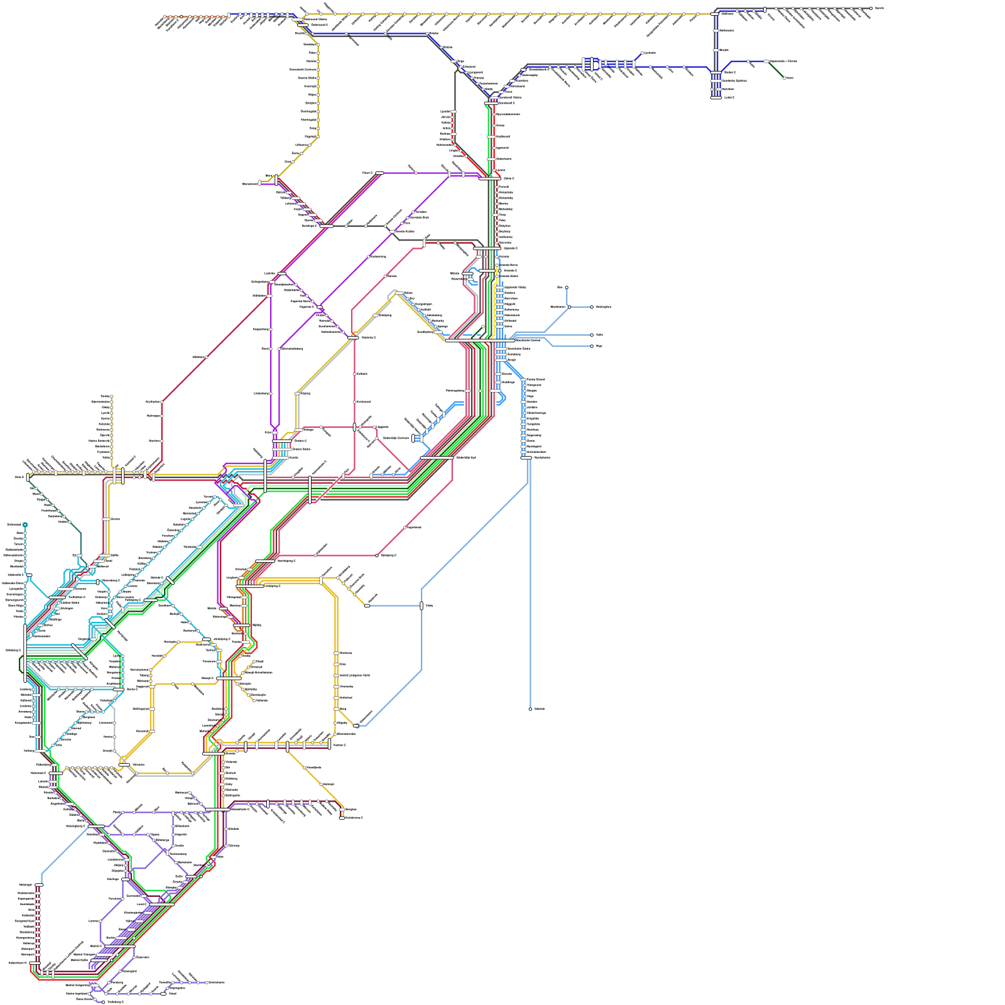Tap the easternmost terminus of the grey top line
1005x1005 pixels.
pyautogui.click(x=871, y=8)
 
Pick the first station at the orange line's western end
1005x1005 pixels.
pyautogui.click(x=165, y=17)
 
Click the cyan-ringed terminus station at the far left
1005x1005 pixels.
pyautogui.click(x=25, y=524)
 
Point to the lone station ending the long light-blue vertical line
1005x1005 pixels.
pyautogui.click(x=530, y=709)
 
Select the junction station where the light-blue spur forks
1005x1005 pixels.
pyautogui.click(x=569, y=307)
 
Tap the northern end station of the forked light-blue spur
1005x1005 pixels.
pyautogui.click(x=567, y=288)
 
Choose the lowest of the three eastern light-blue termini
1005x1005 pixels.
pyautogui.click(x=592, y=346)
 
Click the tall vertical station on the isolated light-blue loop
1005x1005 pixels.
pyautogui.click(x=421, y=606)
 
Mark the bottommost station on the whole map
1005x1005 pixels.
pyautogui.click(x=104, y=1002)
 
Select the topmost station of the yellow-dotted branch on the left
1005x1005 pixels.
pyautogui.click(x=112, y=396)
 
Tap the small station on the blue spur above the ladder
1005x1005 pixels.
pyautogui.click(x=641, y=53)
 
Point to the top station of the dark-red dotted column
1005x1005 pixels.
pyautogui.click(x=39, y=885)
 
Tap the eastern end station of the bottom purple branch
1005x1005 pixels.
pyautogui.click(x=207, y=982)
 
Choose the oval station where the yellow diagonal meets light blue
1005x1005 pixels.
pyautogui.click(x=367, y=606)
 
